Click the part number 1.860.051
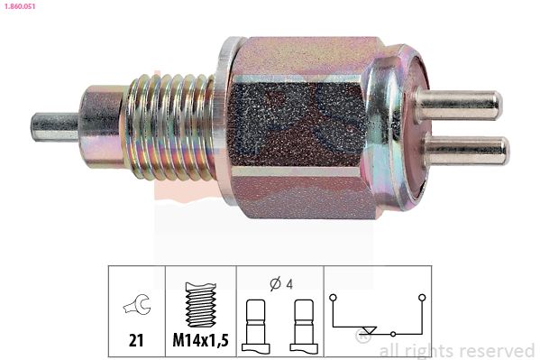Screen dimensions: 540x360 click(20, 6)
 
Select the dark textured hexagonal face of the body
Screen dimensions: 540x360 click(297, 125)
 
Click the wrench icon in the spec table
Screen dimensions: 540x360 click(137, 304)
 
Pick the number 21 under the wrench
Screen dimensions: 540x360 click(136, 340)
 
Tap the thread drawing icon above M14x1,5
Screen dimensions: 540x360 click(201, 305)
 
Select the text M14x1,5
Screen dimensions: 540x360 click(200, 340)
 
